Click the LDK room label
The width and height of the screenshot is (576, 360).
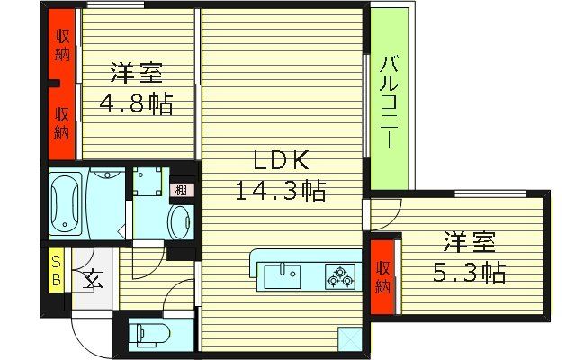point(280,161)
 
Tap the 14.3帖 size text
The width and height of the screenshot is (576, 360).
point(280,190)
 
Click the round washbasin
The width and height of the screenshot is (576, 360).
point(180,220)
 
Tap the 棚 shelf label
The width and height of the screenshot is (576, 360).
point(182,190)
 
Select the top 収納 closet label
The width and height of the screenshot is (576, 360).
point(61,44)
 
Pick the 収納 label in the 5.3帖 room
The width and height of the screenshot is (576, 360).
point(383,278)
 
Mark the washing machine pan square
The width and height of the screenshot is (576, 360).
point(144,183)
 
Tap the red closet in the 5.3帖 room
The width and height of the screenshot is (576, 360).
point(383,278)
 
